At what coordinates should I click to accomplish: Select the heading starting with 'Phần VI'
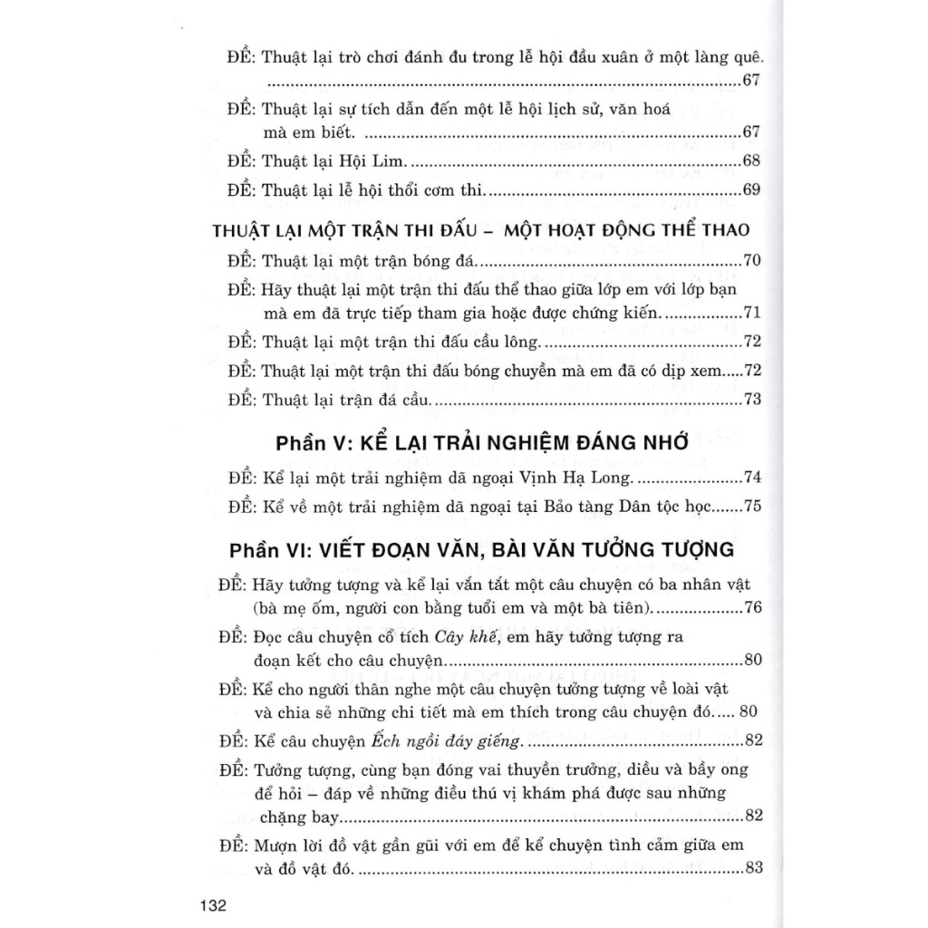(x=481, y=549)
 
